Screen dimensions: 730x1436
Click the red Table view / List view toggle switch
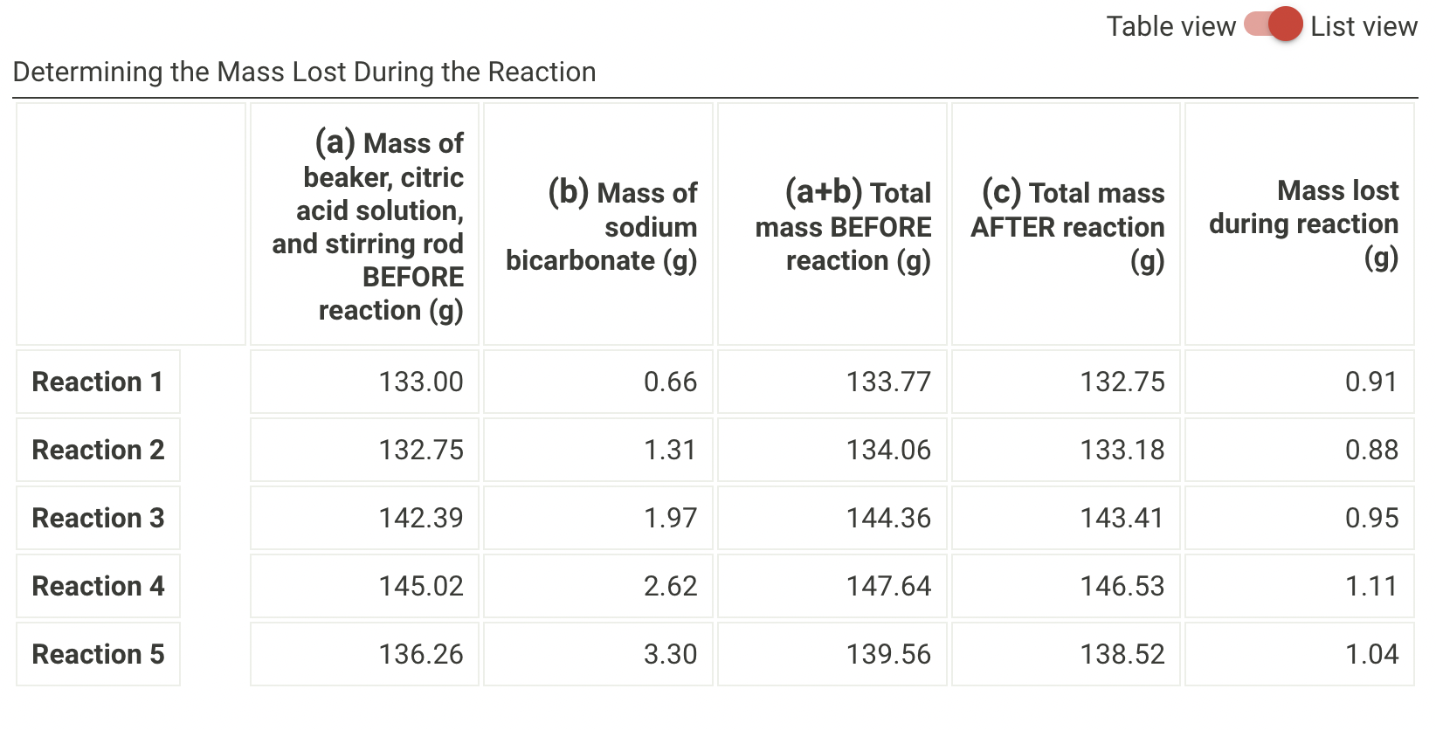[1274, 24]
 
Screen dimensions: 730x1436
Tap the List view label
[1363, 26]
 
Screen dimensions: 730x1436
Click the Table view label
[1170, 26]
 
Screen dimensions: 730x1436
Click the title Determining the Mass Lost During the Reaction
[304, 72]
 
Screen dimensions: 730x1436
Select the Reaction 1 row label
[98, 382]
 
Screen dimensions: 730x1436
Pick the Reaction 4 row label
[98, 586]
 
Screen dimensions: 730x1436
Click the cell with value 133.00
[421, 382]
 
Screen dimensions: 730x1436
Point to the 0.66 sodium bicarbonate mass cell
[670, 382]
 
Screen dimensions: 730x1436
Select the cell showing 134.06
[888, 450]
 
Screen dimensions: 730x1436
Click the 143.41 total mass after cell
[1122, 518]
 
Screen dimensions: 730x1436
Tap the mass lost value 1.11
[1371, 586]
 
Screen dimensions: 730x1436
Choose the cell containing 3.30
[670, 654]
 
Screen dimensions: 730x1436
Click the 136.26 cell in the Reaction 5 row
[421, 654]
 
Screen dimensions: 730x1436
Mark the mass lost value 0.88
[1371, 450]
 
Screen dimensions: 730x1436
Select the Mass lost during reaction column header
[1303, 224]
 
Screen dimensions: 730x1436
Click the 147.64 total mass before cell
[888, 586]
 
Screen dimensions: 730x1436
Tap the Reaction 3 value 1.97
[670, 518]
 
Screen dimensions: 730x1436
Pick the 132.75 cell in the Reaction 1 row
[1122, 382]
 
